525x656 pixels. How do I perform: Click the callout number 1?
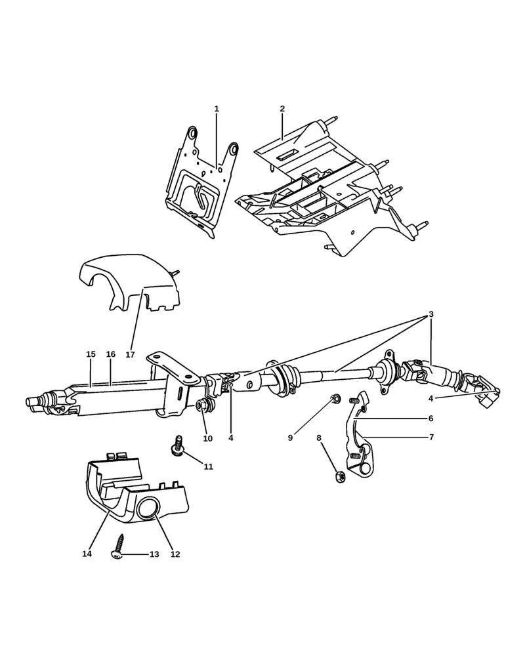(217, 109)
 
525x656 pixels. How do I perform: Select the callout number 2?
(282, 109)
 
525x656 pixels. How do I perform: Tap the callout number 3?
(431, 314)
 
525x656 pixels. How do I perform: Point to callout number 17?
(130, 354)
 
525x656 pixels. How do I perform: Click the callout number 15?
(91, 354)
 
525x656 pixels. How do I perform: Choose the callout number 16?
(110, 354)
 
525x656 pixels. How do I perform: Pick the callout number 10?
(207, 438)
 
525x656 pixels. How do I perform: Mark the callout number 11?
(209, 466)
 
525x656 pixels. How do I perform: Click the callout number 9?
(290, 438)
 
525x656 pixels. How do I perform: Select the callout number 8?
(319, 438)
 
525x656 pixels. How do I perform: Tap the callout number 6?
(431, 418)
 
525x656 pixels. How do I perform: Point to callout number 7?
(431, 437)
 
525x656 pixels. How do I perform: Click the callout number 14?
(87, 554)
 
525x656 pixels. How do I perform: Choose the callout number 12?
(175, 554)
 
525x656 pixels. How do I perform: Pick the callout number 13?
(154, 554)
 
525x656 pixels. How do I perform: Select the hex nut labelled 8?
(340, 477)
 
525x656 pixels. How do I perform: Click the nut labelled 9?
(334, 398)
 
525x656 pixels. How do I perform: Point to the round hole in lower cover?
(148, 509)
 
